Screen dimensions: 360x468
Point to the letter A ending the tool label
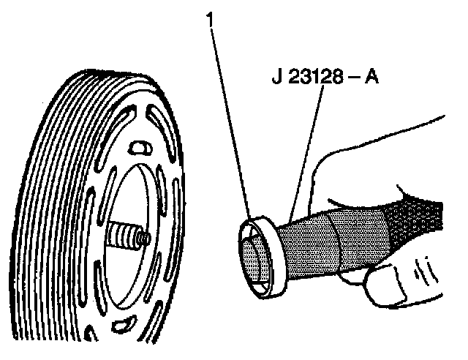pos(371,77)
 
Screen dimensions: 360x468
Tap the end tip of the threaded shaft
pos(145,238)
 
